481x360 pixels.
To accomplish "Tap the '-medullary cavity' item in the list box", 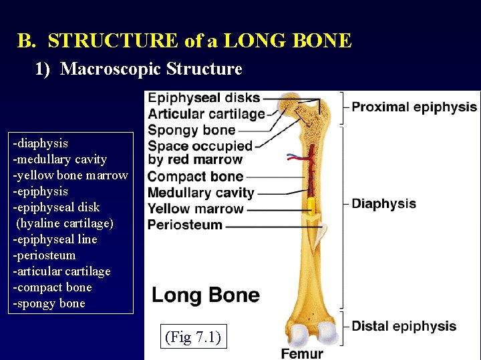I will tap(60, 159).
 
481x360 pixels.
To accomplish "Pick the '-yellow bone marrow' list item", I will tap(70, 175).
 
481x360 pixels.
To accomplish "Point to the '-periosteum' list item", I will tap(44, 255).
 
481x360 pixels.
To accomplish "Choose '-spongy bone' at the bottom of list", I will tap(49, 303).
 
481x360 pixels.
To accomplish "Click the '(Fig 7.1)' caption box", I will tap(191, 337).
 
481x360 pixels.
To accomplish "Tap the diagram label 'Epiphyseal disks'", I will tap(204, 99).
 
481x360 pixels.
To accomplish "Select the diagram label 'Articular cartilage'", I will tap(206, 114).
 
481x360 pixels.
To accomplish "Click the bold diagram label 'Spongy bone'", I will tap(191, 130).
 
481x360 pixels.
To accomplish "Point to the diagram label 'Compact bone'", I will tap(195, 177).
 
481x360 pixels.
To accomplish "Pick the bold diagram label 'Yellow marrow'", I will tap(195, 209).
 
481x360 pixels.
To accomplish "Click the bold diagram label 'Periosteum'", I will tap(184, 225).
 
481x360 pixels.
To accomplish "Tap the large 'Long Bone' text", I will tap(206, 295).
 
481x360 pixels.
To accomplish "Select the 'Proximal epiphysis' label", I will tap(414, 107).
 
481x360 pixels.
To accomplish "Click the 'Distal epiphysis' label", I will tap(404, 326).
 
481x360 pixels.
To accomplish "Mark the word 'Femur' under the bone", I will tap(302, 353).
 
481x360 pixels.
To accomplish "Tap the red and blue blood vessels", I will tap(298, 159).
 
